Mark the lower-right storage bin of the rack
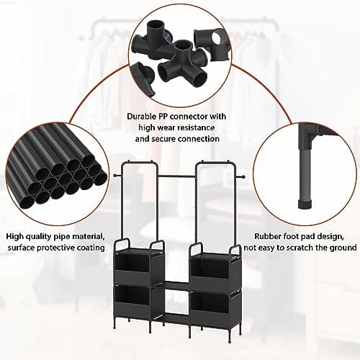point(211,303)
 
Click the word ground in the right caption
point(340,247)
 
